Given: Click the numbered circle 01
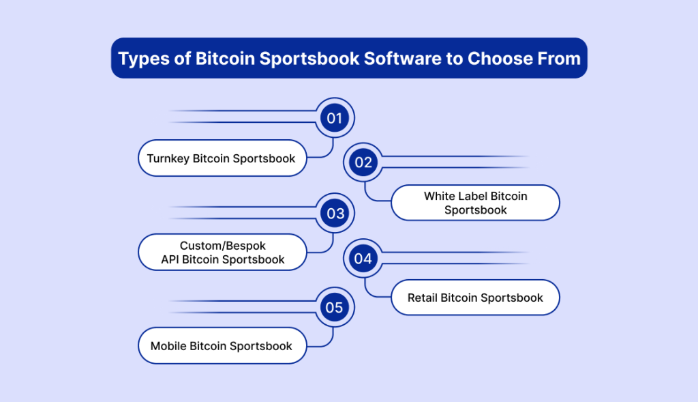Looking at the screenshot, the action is coord(335,118).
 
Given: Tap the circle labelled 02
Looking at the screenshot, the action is coord(363,162).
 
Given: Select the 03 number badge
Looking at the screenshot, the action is coord(335,214).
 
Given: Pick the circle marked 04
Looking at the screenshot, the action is coord(363,259).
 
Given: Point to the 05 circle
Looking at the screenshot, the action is coord(335,307).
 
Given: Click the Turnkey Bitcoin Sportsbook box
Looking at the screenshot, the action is coord(222,158).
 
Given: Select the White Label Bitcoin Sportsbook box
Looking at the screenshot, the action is coord(475,203).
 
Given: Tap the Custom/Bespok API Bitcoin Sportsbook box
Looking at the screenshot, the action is coord(222,253).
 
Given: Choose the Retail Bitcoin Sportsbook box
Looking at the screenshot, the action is coord(475,298).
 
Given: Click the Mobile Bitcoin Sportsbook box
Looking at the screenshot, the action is coord(222,346).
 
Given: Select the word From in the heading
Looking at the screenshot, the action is coord(559,59).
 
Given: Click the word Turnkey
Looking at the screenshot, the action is coord(168,158).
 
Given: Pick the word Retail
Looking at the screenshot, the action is coord(422,298).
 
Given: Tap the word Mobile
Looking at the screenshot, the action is coord(168,346).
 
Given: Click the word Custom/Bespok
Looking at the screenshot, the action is coord(223,246).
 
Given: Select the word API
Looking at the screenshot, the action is coord(170,259).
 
